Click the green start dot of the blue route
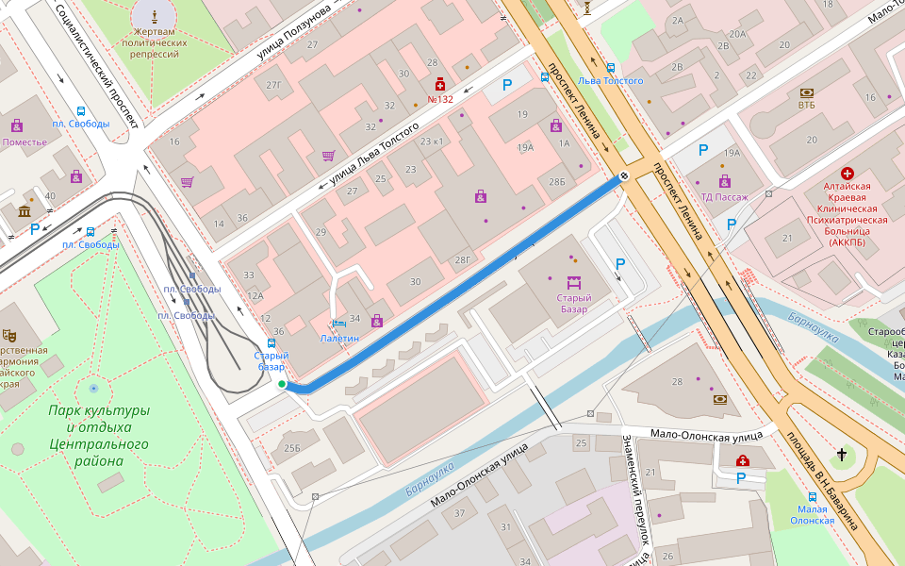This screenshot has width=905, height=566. (282, 384)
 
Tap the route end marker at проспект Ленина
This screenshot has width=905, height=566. (624, 176)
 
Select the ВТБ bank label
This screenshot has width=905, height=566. (807, 106)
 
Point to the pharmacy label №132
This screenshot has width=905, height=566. (440, 99)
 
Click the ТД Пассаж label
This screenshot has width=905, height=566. (724, 197)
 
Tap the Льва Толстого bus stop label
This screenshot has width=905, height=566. (611, 81)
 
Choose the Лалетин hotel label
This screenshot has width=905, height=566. (339, 338)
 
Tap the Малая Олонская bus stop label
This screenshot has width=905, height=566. (812, 514)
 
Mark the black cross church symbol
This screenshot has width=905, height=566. (841, 456)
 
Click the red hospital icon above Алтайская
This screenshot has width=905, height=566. (847, 174)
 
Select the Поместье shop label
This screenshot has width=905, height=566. (25, 142)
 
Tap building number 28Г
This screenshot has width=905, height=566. (462, 259)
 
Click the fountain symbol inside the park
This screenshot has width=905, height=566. (92, 388)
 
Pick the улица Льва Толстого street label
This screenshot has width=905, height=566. (374, 155)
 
